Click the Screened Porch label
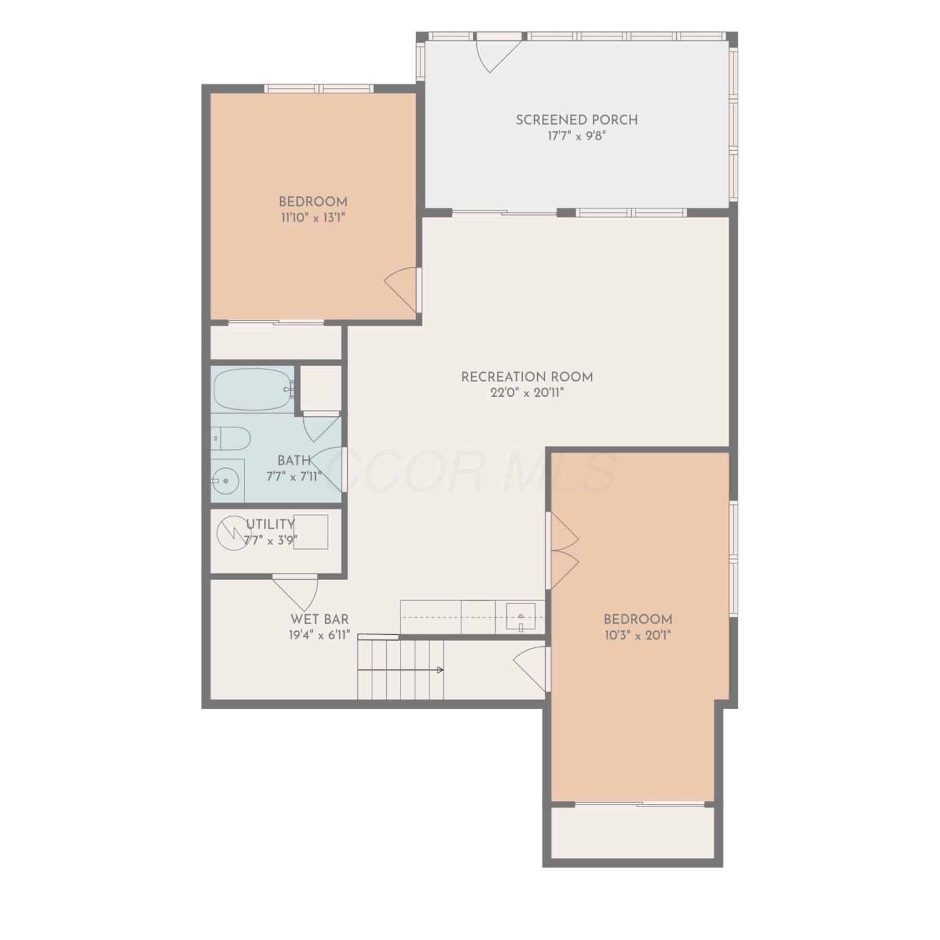[x=577, y=120]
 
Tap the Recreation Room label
[x=527, y=377]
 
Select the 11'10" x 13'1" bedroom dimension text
[x=313, y=218]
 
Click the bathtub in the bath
[x=253, y=389]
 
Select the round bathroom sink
[x=224, y=481]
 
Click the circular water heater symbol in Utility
[x=232, y=533]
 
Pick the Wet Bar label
[x=320, y=620]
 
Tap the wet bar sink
[x=521, y=616]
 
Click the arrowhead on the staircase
[x=440, y=670]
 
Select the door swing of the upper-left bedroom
[x=401, y=290]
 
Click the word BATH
[x=294, y=461]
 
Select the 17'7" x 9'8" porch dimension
[x=577, y=136]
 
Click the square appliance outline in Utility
[x=311, y=532]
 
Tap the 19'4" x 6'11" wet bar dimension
[x=320, y=635]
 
